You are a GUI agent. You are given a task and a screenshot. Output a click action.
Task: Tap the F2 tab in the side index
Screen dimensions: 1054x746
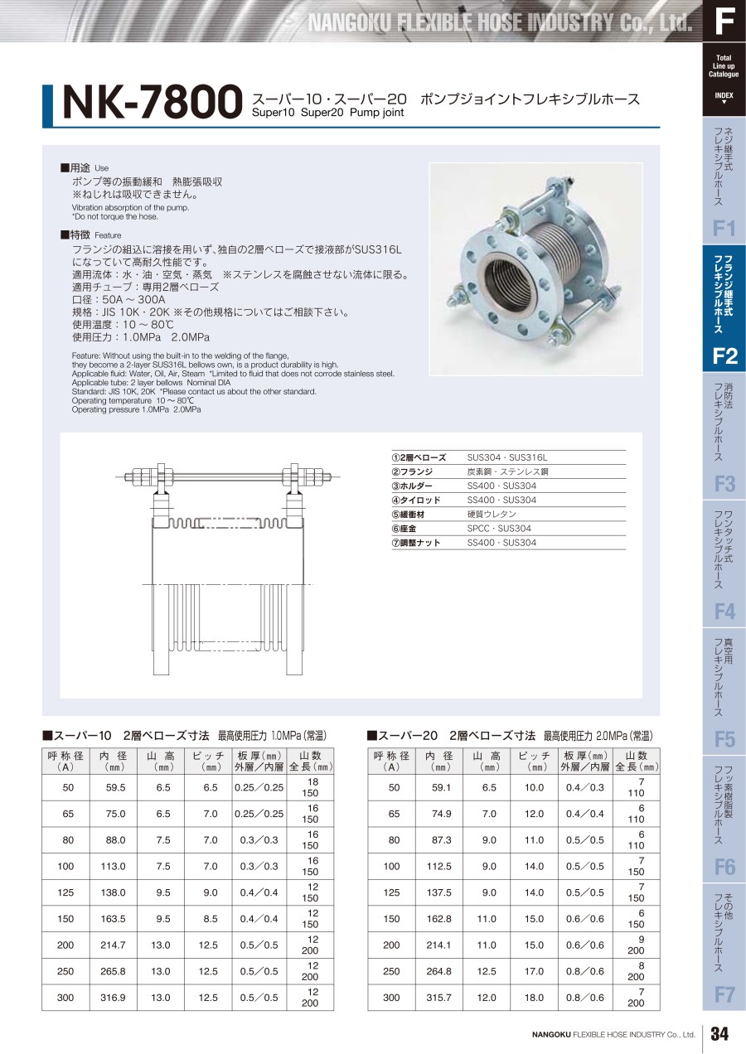(x=724, y=357)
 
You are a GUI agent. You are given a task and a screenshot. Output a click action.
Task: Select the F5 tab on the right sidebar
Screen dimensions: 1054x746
(x=724, y=739)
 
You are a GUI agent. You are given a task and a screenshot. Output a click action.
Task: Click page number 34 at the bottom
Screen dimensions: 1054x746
(x=719, y=1033)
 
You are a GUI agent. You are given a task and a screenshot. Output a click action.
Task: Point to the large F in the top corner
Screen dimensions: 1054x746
(x=724, y=22)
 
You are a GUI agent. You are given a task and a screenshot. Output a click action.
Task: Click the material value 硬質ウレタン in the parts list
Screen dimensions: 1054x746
(x=492, y=515)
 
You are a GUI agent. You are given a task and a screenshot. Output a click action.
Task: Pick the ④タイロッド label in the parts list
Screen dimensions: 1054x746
(x=417, y=500)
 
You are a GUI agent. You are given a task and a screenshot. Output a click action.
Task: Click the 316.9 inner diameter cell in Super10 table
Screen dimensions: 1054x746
(x=113, y=998)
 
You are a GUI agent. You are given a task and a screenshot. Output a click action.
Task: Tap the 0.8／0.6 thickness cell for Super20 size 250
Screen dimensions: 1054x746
(x=584, y=971)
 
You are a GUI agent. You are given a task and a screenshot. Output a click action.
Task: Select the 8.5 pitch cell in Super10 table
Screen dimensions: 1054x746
(x=211, y=918)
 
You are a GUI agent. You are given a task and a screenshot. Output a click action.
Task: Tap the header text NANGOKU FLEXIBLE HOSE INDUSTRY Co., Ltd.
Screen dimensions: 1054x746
(x=500, y=22)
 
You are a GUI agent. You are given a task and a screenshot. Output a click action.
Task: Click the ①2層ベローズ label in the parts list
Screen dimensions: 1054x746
(x=419, y=457)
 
